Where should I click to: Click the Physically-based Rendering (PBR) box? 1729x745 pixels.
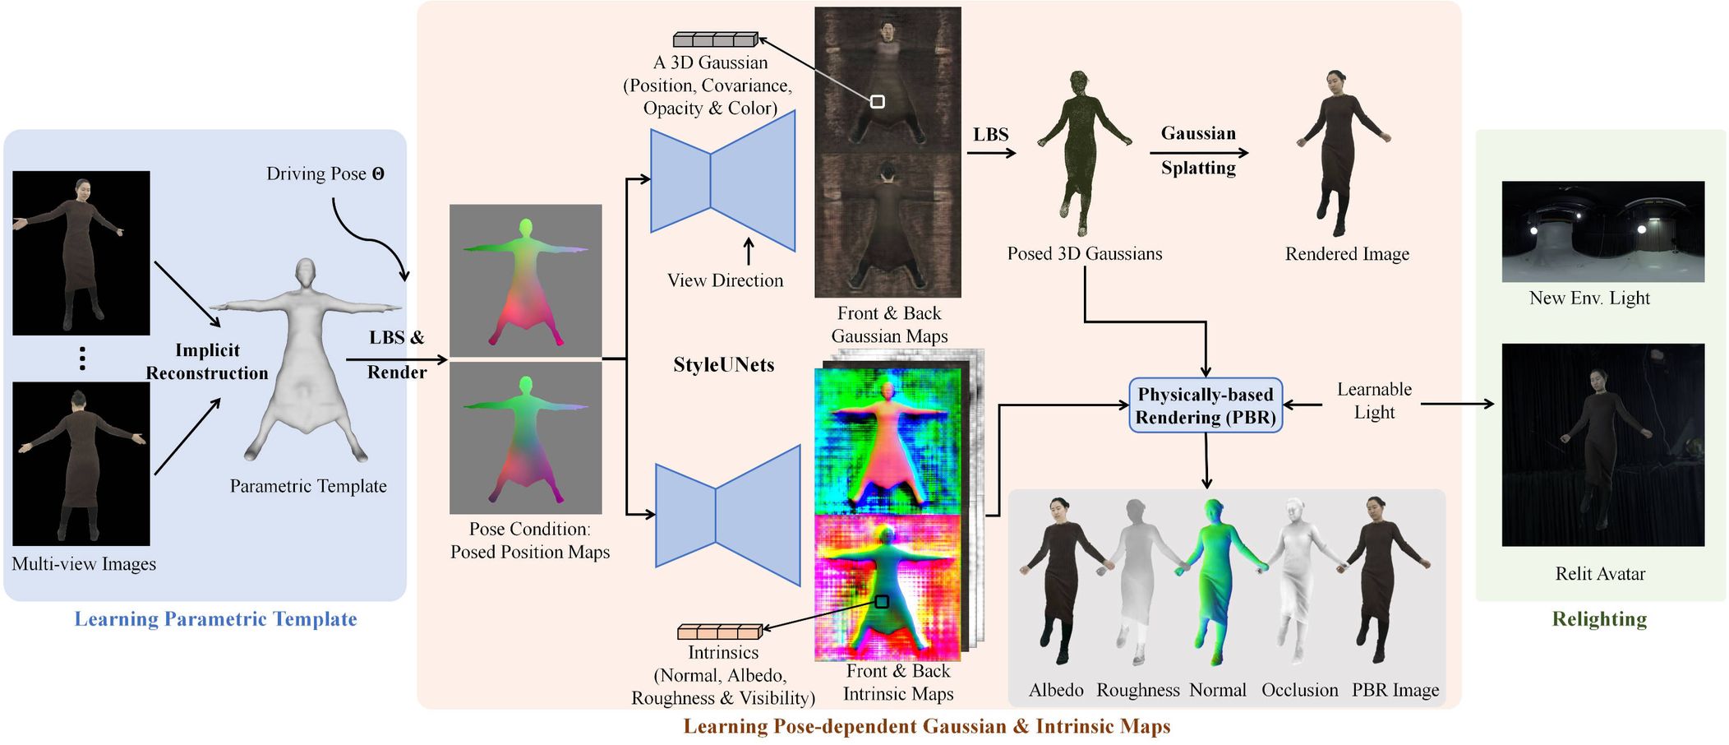[1205, 405]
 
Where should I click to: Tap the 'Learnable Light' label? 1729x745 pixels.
[1374, 400]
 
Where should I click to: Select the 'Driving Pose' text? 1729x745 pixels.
[325, 174]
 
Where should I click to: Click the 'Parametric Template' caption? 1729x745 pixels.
[308, 486]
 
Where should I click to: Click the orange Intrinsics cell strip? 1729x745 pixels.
[720, 632]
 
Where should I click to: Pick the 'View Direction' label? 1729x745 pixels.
[725, 280]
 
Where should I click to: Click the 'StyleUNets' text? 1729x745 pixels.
[723, 365]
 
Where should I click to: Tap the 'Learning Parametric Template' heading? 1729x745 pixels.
[215, 619]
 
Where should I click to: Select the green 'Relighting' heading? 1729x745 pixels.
[1599, 619]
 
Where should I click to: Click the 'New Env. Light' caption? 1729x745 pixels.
[1589, 298]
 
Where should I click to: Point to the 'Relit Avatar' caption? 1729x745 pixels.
[1600, 573]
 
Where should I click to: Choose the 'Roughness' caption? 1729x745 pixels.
[1137, 690]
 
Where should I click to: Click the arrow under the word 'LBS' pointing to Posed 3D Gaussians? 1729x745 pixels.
[992, 152]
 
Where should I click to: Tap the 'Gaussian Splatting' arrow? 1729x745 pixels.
[1198, 152]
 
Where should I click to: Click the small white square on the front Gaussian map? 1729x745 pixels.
[878, 101]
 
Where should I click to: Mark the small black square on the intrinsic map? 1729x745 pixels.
[882, 601]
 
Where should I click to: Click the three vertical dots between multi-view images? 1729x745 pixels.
[82, 359]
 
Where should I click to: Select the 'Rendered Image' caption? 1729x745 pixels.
[1347, 254]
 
